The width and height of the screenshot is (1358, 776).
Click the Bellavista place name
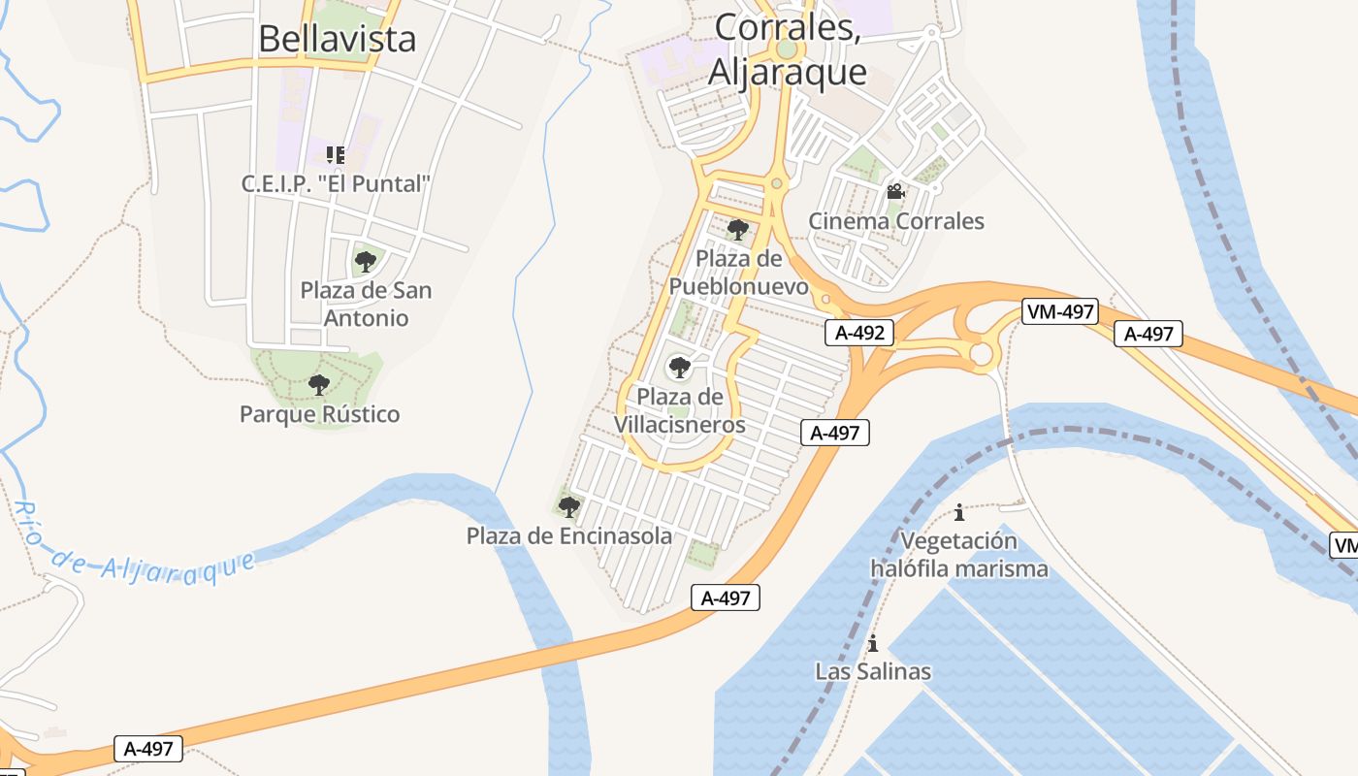(337, 39)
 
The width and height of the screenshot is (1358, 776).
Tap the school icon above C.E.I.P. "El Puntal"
(335, 155)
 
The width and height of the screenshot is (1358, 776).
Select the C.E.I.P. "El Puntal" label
(335, 183)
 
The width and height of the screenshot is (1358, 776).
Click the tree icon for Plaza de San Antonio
(365, 261)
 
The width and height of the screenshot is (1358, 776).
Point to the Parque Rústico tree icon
(318, 385)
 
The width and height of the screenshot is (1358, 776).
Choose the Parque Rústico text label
(319, 414)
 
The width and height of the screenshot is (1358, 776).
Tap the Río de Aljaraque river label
(136, 549)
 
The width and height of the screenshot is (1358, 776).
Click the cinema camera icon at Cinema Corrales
(895, 192)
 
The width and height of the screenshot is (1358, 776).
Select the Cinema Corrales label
(896, 221)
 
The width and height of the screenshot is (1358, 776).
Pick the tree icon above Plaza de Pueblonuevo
(738, 230)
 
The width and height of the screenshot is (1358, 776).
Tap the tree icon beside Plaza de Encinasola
(569, 506)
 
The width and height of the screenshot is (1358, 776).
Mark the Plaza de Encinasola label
(568, 535)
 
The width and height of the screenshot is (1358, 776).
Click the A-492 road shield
(859, 333)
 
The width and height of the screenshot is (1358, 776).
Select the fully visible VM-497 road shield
(1059, 311)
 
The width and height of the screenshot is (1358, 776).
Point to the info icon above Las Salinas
(872, 643)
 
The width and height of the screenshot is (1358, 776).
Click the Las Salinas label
(872, 671)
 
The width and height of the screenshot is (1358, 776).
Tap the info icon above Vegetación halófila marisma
(959, 511)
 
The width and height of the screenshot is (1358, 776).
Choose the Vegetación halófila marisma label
(959, 554)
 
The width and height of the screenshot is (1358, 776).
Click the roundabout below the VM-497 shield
(982, 355)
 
